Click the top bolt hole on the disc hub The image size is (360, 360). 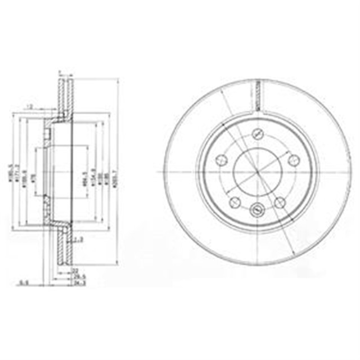pyautogui.click(x=258, y=134)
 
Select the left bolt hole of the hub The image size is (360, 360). pyautogui.click(x=221, y=160)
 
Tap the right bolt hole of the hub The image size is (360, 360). pyautogui.click(x=293, y=160)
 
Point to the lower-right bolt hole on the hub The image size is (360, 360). pyautogui.click(x=280, y=203)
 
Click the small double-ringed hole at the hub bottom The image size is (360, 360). pyautogui.click(x=257, y=211)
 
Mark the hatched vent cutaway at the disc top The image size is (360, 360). pyautogui.click(x=257, y=96)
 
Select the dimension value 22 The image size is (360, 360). pyautogui.click(x=75, y=271)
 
